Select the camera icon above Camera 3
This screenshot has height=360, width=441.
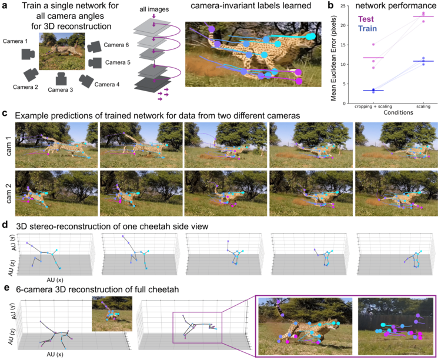click(x=61, y=79)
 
